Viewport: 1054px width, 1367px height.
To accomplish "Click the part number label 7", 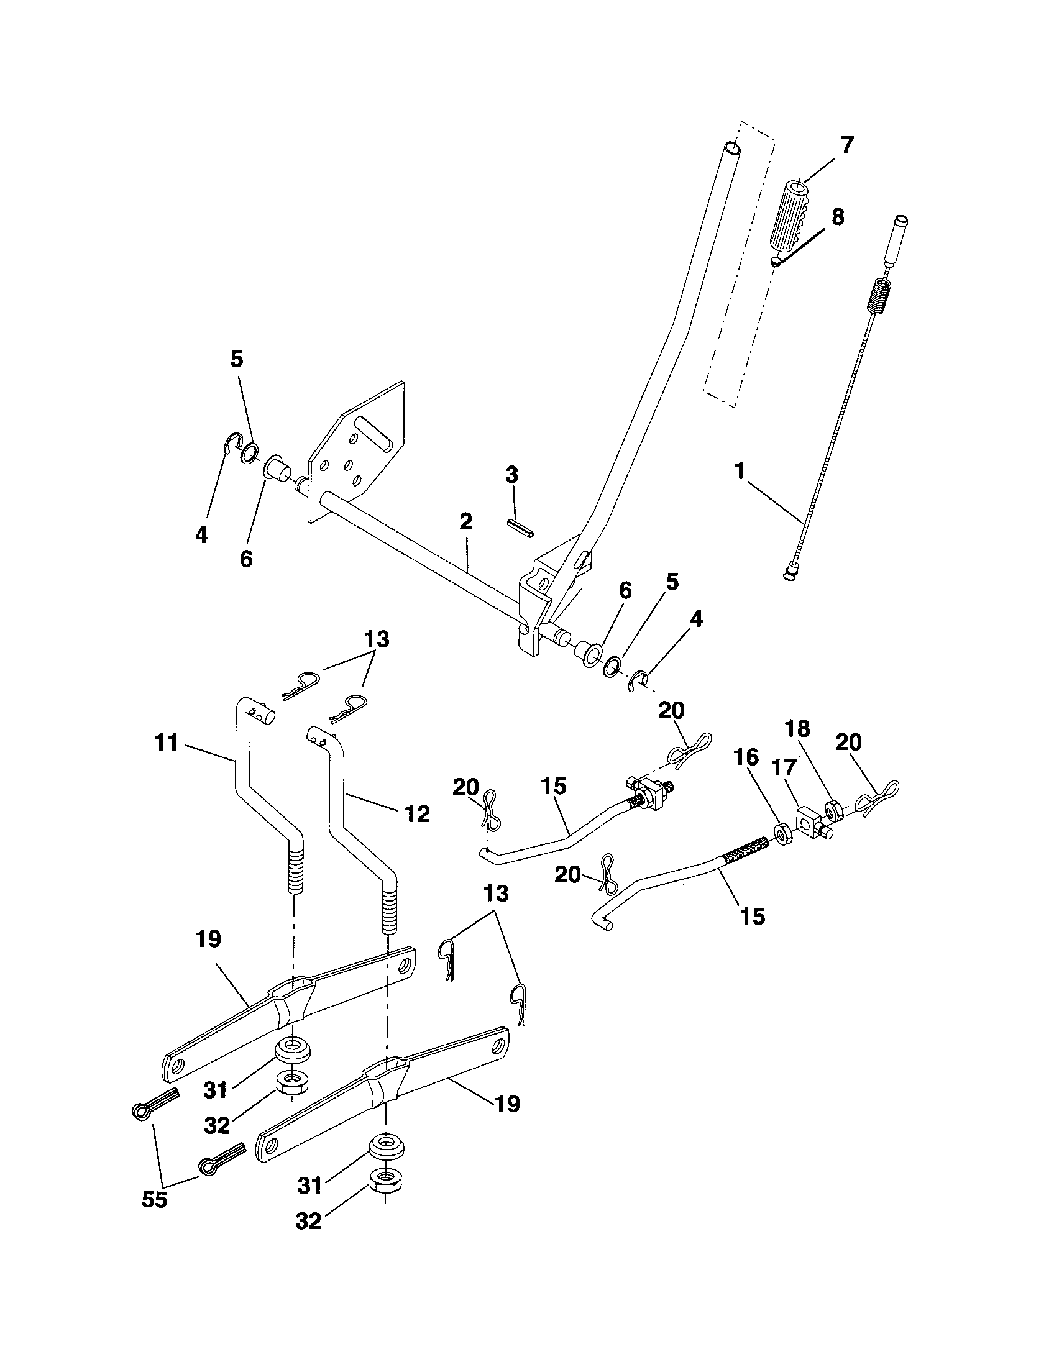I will [846, 145].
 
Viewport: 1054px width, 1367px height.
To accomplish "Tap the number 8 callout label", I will [838, 217].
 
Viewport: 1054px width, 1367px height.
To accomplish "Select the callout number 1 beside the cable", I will [740, 472].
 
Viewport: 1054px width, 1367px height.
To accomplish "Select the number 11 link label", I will [166, 744].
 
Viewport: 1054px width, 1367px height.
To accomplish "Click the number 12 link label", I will [417, 814].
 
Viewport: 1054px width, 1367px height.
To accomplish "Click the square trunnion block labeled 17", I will [810, 820].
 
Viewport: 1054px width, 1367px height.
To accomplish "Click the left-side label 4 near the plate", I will [201, 535].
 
